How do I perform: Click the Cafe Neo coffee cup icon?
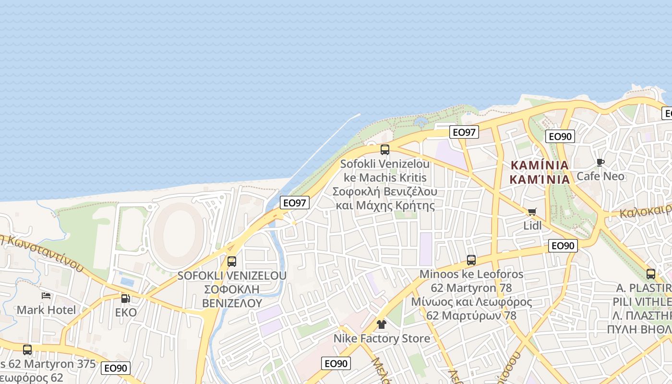[x=600, y=162]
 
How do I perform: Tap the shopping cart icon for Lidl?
[x=532, y=212]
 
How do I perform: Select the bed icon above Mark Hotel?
[x=46, y=296]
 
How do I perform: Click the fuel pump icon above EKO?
[x=125, y=299]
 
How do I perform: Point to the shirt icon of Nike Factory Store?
[x=382, y=324]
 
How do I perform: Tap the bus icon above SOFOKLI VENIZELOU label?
[x=232, y=262]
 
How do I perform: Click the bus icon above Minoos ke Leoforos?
[x=471, y=260]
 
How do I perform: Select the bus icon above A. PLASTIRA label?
[x=651, y=274]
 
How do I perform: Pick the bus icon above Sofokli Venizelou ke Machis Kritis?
[x=385, y=149]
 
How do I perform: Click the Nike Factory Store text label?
[x=382, y=338]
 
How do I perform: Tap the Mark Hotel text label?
[x=46, y=310]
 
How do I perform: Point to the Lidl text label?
[x=532, y=226]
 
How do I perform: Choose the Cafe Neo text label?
[x=600, y=176]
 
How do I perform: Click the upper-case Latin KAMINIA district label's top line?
[x=540, y=165]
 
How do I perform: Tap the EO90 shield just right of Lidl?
[x=563, y=246]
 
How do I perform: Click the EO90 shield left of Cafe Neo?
[x=560, y=136]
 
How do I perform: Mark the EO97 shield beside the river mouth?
[x=294, y=203]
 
